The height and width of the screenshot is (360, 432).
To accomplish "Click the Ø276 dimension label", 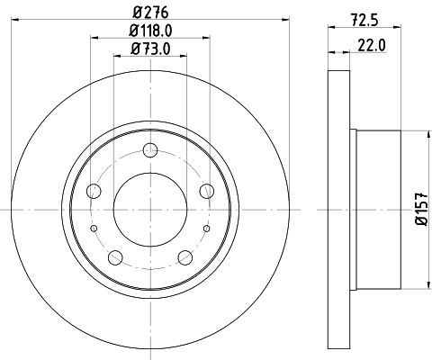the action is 150,13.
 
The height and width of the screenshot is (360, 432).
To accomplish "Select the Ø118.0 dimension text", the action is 150,31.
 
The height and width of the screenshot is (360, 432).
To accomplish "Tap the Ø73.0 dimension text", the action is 150,49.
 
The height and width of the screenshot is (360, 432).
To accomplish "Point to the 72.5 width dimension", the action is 364,21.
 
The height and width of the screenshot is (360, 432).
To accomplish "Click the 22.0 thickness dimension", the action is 371,46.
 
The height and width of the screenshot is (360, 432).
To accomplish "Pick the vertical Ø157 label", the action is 422,209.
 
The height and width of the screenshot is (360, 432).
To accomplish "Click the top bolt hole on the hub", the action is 150,150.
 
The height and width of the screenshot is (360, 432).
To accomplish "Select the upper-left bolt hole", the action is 94,191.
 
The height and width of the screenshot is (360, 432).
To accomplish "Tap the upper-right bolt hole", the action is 207,191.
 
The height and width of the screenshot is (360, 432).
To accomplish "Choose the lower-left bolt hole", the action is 115,257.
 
